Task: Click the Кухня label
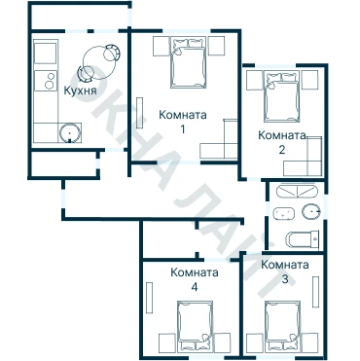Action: coord(80,90)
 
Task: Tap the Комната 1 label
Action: coord(183,122)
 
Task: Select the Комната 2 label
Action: coord(282,142)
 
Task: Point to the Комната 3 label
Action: coord(285,271)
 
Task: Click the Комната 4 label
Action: coord(195,279)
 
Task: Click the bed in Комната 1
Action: coord(188,62)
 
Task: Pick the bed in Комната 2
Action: coord(281,96)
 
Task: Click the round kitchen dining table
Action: coord(99,63)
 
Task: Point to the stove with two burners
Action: coord(46,81)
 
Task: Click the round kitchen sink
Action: coord(69,133)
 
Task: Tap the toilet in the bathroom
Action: coord(303,239)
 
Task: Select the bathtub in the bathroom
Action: coord(297,191)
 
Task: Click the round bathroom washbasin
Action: coord(311,212)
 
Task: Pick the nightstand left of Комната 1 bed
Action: coord(162,46)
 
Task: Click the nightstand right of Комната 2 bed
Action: coord(310,80)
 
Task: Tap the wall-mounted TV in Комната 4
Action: coord(149,298)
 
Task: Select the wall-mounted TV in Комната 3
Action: coord(315,292)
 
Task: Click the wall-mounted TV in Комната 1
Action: coord(140,113)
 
